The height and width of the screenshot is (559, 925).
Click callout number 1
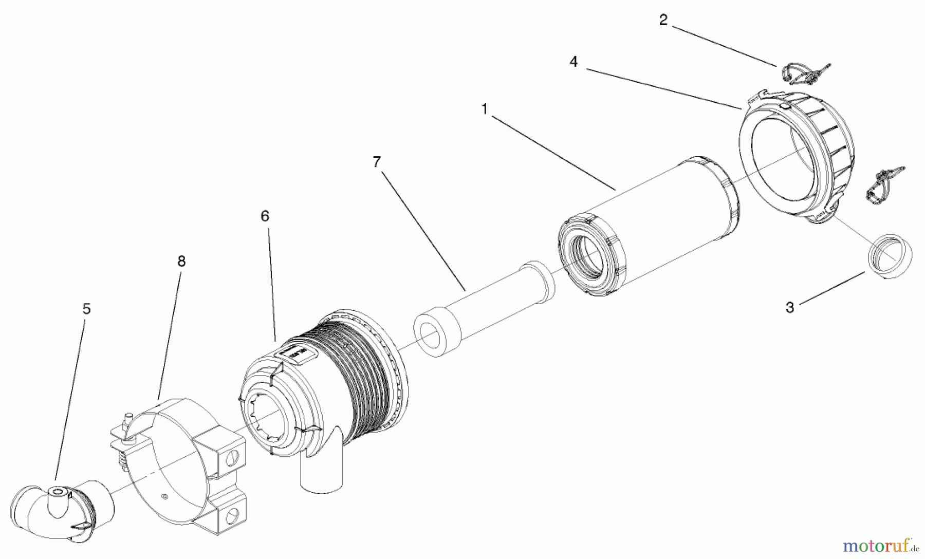[x=484, y=109]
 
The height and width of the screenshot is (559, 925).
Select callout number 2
[x=663, y=21]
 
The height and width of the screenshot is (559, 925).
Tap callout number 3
[x=790, y=308]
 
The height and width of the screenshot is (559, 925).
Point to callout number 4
[x=573, y=62]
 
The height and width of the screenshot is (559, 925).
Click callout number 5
[x=86, y=309]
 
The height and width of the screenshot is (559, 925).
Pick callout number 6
[x=265, y=216]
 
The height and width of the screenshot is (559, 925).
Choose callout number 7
[x=377, y=162]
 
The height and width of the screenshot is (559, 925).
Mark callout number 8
[x=181, y=262]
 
